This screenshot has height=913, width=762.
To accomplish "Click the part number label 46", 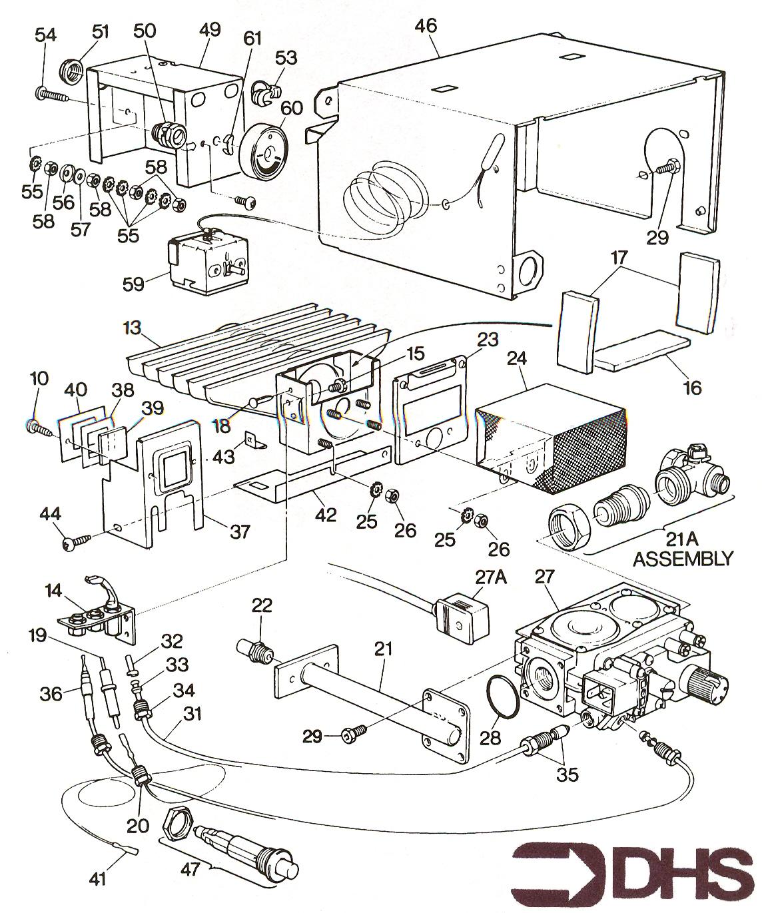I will click(x=426, y=26).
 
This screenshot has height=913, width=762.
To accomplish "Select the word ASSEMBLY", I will click(x=682, y=557).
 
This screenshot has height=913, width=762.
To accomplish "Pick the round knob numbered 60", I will click(x=265, y=151).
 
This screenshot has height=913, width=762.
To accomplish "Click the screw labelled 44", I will click(x=77, y=541).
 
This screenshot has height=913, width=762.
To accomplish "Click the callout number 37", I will click(x=240, y=531).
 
